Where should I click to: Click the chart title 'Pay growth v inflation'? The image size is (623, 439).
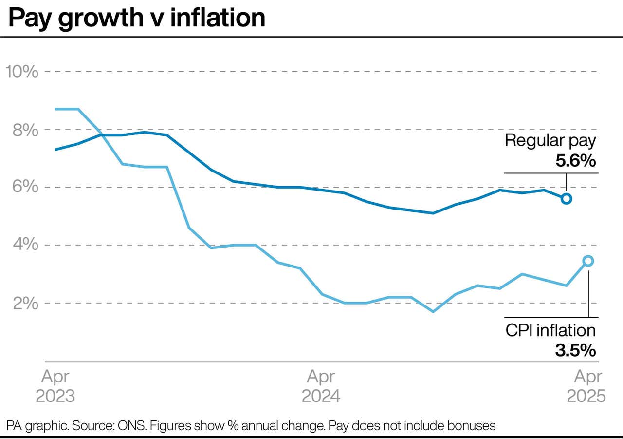pos(137,18)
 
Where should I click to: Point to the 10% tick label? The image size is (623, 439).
pos(21,72)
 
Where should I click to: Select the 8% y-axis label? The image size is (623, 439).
pos(25,130)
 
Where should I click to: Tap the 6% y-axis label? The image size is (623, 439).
pos(25,188)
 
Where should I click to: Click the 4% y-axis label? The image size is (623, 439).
pos(25,245)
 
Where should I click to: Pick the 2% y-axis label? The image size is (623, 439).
pos(25,303)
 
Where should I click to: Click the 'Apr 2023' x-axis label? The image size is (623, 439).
pos(55,386)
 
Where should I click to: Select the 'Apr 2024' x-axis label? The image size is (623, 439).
pos(321,386)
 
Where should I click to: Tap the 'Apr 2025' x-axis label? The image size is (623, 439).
pos(586,386)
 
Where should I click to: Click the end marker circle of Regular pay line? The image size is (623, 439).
pos(567,198)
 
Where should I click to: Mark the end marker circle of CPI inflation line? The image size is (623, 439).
pos(588,261)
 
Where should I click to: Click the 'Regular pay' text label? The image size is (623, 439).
pos(550,141)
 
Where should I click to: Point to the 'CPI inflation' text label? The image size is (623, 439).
pos(550,330)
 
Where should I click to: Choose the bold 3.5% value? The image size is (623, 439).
pos(576,350)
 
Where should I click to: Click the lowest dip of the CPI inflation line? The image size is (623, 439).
pos(433,311)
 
